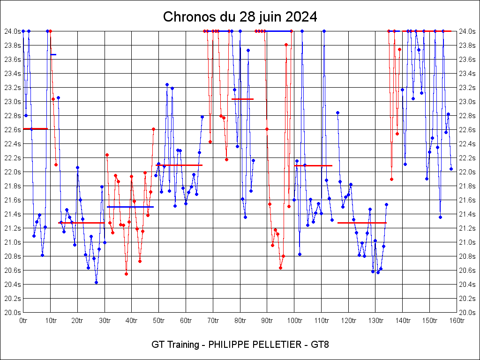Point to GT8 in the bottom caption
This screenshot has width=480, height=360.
319,345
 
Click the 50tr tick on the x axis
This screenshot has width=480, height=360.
158,321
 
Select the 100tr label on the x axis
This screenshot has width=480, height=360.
294,321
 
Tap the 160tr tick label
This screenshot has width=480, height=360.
457,321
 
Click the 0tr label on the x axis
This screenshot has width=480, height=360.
23,321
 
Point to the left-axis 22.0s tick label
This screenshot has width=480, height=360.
12,172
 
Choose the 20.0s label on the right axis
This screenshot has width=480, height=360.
468,313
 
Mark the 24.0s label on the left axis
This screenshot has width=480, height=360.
12,31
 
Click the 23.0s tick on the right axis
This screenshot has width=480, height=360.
468,102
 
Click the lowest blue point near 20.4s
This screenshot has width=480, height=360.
96,282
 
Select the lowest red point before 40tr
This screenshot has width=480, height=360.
126,274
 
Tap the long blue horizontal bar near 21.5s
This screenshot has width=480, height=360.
130,207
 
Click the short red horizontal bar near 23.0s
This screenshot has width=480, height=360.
242,99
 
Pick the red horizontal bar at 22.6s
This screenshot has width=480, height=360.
35,128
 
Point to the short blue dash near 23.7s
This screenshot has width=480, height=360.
53,55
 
